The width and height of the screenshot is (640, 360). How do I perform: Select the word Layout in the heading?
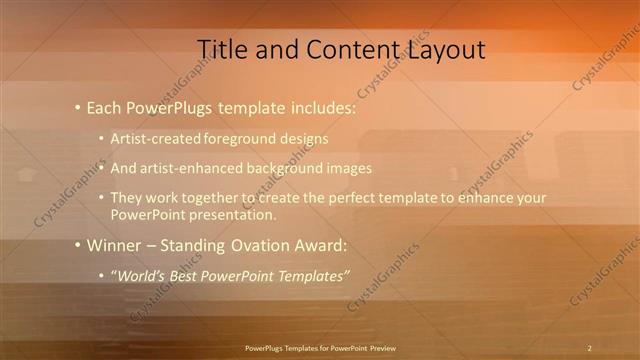pyautogui.click(x=444, y=49)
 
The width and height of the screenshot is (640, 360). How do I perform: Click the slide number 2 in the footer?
pyautogui.click(x=589, y=348)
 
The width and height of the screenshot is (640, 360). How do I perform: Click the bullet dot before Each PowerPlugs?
pyautogui.click(x=78, y=107)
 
